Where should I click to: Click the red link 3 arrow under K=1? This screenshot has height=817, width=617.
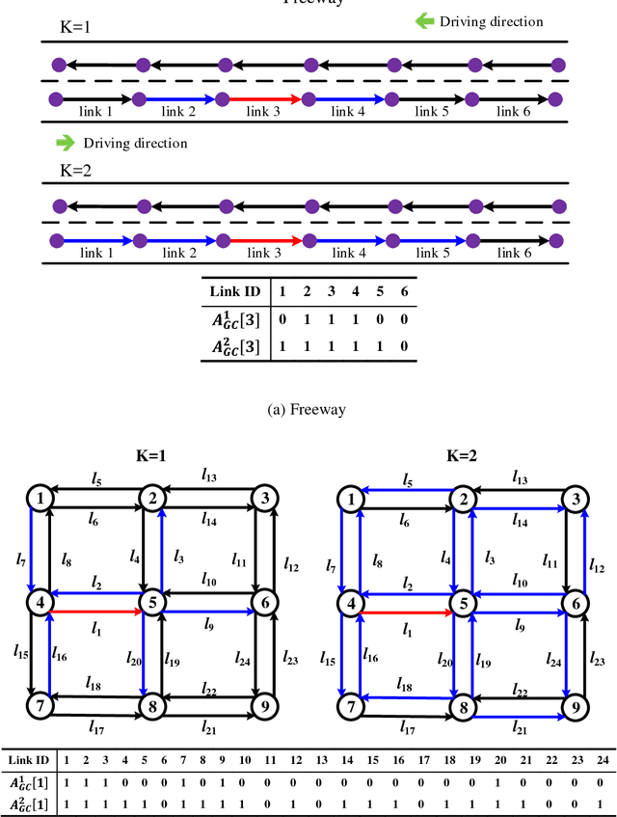[x=265, y=98]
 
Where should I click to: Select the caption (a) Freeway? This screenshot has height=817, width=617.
[x=308, y=409]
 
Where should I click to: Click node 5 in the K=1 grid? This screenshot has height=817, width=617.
[x=151, y=604]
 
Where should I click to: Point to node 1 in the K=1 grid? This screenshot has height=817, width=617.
[x=40, y=498]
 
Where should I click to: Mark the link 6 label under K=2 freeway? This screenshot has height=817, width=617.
[x=514, y=253]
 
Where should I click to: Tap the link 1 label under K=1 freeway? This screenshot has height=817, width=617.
[x=94, y=112]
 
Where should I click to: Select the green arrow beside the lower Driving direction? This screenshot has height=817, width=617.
[x=66, y=143]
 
